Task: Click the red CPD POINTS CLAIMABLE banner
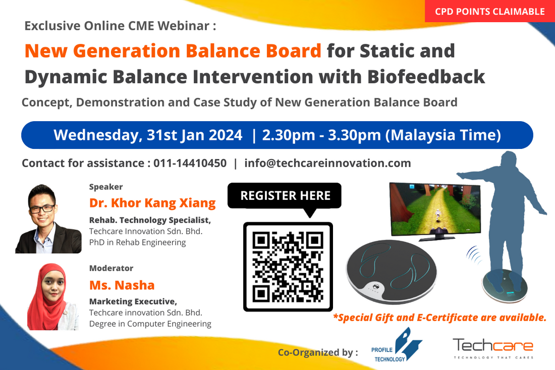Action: pos(490,11)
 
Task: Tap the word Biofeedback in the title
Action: pos(426,77)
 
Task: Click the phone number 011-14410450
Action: pos(190,163)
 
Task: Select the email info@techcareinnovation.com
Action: pos(327,163)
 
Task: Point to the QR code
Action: pos(288,267)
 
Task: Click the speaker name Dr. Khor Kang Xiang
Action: pos(152,203)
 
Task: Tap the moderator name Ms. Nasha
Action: pos(122,285)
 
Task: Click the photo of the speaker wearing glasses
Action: pos(48,219)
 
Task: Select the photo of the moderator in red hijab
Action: pos(53,297)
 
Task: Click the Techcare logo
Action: pos(493,348)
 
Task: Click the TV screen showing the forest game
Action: pos(435,209)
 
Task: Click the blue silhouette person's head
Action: pos(509,162)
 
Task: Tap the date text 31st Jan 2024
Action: pos(194,135)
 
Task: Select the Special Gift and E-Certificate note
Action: pos(439,318)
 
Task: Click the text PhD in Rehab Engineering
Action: pos(137,242)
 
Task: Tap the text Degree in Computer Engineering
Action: pos(150,324)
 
